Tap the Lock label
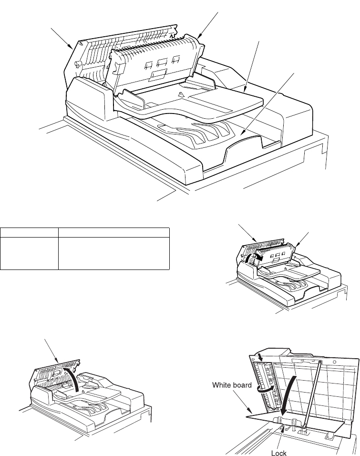[x=278, y=452]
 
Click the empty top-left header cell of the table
[x=29, y=233]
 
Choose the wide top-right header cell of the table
[x=113, y=233]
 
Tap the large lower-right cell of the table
[x=113, y=253]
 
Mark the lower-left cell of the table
[x=29, y=253]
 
